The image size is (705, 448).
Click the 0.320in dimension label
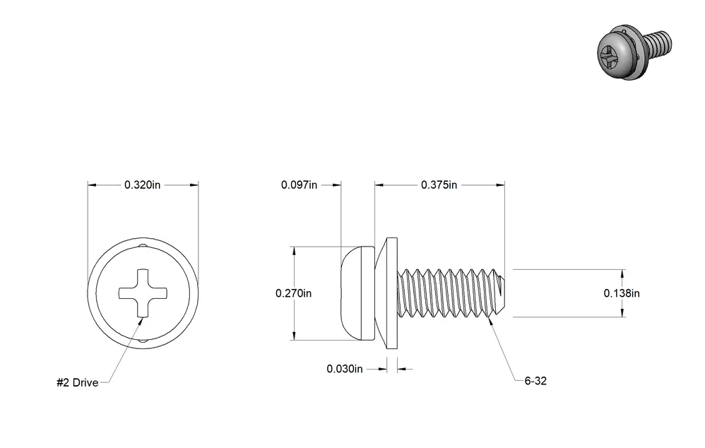coord(142,185)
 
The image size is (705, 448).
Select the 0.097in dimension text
coord(299,185)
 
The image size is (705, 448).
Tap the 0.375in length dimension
coord(439,185)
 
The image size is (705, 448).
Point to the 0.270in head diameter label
coord(293,293)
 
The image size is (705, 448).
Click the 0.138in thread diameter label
coord(622,293)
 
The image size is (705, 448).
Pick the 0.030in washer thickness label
coord(345,369)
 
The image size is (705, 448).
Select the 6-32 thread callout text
coord(535,381)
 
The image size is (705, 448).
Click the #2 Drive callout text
coord(77,383)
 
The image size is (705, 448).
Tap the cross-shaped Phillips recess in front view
coord(143,293)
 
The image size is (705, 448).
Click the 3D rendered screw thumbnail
coord(634,53)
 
